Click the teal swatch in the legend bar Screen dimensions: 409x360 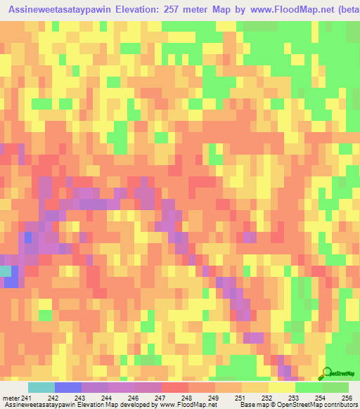tap(41, 388)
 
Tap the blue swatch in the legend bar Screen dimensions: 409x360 tap(68, 388)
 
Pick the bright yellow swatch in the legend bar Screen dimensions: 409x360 tap(281, 388)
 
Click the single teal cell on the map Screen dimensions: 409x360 tap(6, 270)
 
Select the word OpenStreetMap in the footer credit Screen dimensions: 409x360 tap(288, 405)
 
